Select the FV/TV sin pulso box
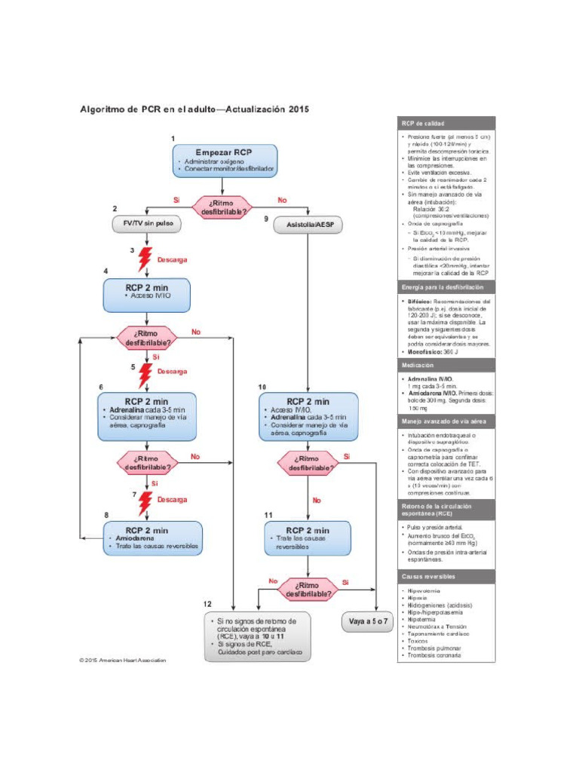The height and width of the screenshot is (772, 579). [143, 224]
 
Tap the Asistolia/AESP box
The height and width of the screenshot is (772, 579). [309, 225]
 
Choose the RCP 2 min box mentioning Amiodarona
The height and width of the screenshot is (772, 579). [152, 538]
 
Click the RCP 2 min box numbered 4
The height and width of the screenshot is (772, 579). [146, 295]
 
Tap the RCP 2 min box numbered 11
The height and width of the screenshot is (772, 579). [308, 538]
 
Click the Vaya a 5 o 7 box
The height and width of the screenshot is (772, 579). [369, 622]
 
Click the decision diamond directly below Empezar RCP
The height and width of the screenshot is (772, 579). [223, 207]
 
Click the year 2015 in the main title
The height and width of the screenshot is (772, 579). [298, 109]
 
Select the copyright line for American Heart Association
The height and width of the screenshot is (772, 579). [122, 660]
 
